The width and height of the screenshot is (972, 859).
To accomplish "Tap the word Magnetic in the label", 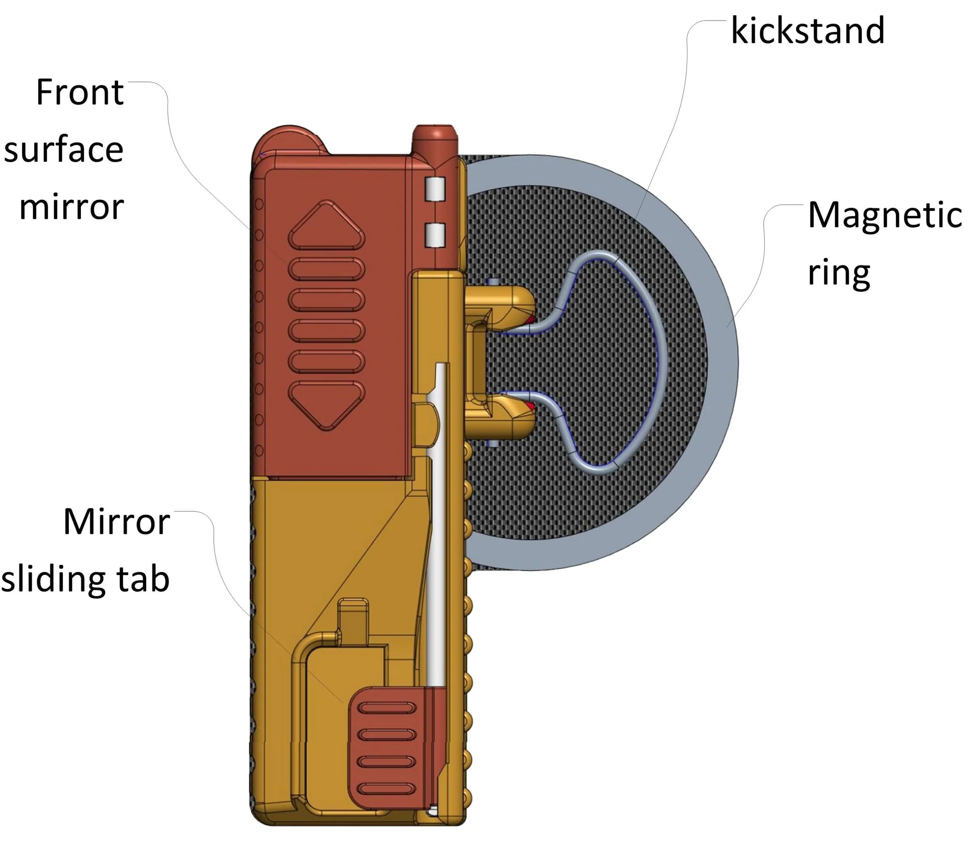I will coord(884,215).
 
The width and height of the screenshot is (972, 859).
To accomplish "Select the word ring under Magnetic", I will coord(839,273).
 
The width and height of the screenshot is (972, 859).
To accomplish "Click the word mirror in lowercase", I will coord(71,207).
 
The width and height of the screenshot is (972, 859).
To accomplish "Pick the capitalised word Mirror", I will coord(117,522).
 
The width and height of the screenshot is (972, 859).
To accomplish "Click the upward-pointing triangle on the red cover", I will coord(326,226).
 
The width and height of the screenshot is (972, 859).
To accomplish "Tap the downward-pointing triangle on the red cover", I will coord(326,404).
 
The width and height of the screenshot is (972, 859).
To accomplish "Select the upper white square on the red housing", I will coord(435,189).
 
